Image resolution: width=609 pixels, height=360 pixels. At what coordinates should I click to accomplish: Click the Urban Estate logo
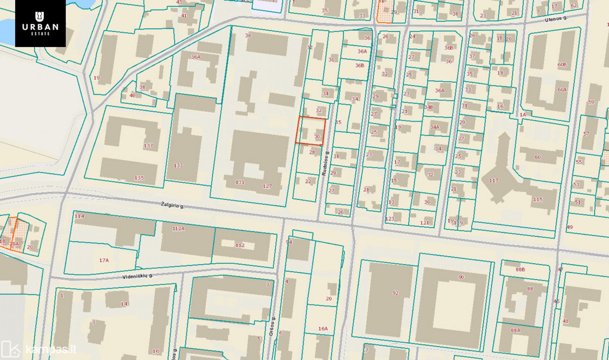click(x=40, y=23)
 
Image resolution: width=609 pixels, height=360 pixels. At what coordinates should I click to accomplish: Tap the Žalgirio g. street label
click(x=173, y=205)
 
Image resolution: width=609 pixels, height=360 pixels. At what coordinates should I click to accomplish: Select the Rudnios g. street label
click(x=325, y=163)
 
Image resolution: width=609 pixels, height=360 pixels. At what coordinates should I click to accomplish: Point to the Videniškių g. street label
click(x=138, y=276)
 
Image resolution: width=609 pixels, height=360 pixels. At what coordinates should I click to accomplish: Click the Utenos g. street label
click(x=556, y=19)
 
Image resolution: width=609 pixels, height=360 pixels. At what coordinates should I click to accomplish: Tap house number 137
click(x=148, y=146)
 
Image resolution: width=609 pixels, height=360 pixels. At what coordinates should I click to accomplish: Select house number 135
click(x=139, y=178)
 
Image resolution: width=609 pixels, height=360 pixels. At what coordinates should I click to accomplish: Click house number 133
click(x=178, y=165)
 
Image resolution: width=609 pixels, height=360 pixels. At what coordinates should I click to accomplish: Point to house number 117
click(x=494, y=180)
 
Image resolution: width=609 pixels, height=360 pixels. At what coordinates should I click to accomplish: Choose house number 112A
click(x=179, y=229)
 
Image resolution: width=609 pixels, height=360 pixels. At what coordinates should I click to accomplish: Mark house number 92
click(x=395, y=293)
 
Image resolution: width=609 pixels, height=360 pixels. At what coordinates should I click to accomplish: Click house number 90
click(x=461, y=277)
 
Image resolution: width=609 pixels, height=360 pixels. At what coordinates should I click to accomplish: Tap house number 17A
click(x=104, y=260)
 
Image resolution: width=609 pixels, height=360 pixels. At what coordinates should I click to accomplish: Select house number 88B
click(x=520, y=270)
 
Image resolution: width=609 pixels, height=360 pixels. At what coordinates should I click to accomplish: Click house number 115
click(x=538, y=199)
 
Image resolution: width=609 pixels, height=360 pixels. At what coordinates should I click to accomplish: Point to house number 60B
click(x=562, y=65)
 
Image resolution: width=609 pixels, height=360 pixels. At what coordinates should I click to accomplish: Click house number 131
click(x=240, y=182)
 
